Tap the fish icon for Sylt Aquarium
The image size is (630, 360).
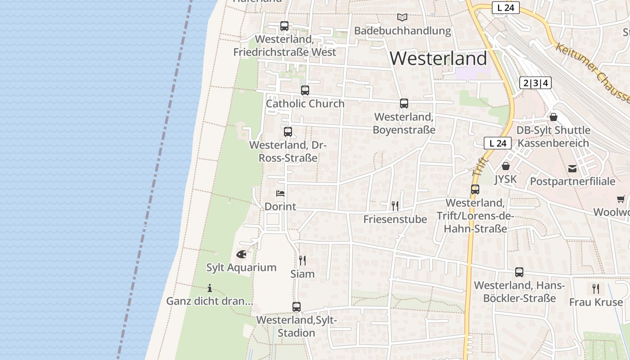pyautogui.click(x=241, y=254)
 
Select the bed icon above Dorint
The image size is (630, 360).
pyautogui.click(x=280, y=193)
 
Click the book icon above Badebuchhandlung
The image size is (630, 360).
pyautogui.click(x=402, y=18)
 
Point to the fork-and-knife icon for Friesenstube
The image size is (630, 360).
pyautogui.click(x=395, y=206)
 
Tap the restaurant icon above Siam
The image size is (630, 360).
pyautogui.click(x=302, y=261)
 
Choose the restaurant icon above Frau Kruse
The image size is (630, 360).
pyautogui.click(x=596, y=288)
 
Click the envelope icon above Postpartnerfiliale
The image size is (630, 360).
pyautogui.click(x=572, y=169)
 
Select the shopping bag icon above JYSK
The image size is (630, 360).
pyautogui.click(x=506, y=166)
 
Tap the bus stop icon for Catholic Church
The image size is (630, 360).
pyautogui.click(x=305, y=90)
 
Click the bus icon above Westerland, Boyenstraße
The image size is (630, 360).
pyautogui.click(x=404, y=103)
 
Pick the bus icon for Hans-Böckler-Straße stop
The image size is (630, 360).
pyautogui.click(x=519, y=272)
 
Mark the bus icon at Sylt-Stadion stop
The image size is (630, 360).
pyautogui.click(x=296, y=307)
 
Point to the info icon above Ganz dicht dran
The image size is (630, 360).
pyautogui.click(x=209, y=288)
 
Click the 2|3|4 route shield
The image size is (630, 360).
pyautogui.click(x=535, y=83)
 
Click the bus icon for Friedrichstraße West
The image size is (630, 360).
pyautogui.click(x=284, y=26)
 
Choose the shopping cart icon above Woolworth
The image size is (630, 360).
pyautogui.click(x=621, y=199)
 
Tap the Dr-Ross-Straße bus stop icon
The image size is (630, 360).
pyautogui.click(x=288, y=132)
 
